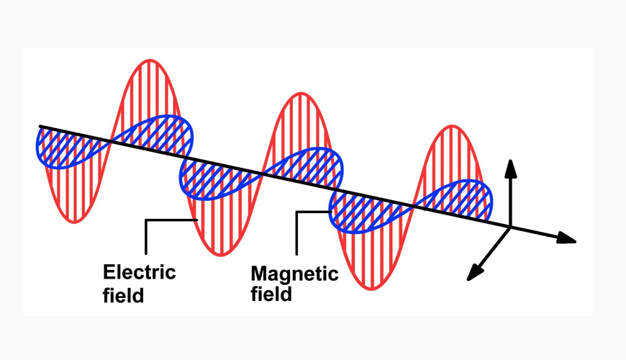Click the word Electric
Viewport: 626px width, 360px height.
coord(140,273)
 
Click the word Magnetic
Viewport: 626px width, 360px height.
coord(294,274)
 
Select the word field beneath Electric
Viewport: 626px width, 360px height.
coord(124,294)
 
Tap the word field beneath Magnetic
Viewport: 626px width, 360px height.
coord(271,294)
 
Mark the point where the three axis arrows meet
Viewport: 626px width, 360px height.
coord(510,228)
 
